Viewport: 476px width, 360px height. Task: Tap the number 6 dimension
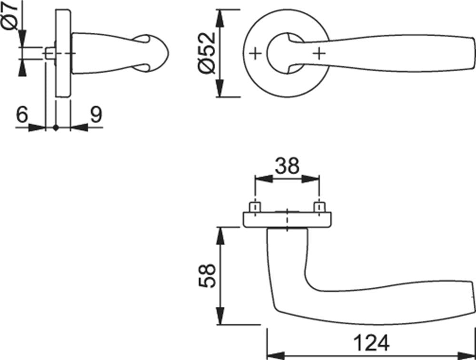point(22,114)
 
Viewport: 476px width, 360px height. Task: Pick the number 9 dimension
point(96,114)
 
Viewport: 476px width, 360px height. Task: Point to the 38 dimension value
point(287,165)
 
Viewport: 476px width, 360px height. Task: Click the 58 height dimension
point(207,275)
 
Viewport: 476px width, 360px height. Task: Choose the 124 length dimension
point(372,343)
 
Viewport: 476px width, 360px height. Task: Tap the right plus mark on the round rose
point(319,54)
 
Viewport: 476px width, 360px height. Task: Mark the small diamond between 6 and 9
point(56,127)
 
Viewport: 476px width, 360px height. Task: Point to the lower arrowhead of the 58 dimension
point(220,316)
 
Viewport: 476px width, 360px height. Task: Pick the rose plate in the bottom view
point(287,220)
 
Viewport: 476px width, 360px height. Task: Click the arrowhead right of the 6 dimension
point(37,127)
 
